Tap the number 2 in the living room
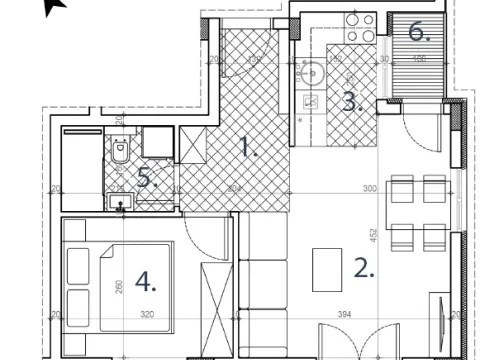(x=364, y=267)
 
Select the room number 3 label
(x=350, y=101)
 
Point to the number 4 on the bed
(x=146, y=283)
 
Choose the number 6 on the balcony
(x=419, y=32)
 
